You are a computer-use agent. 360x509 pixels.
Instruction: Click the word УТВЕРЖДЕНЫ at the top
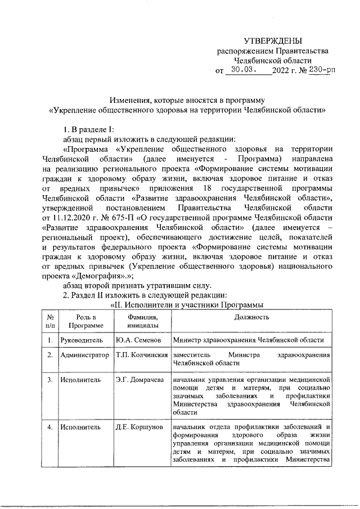tap(273, 40)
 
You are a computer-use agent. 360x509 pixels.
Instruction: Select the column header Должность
tap(252, 317)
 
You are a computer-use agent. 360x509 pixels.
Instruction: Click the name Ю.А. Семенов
tap(138, 340)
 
